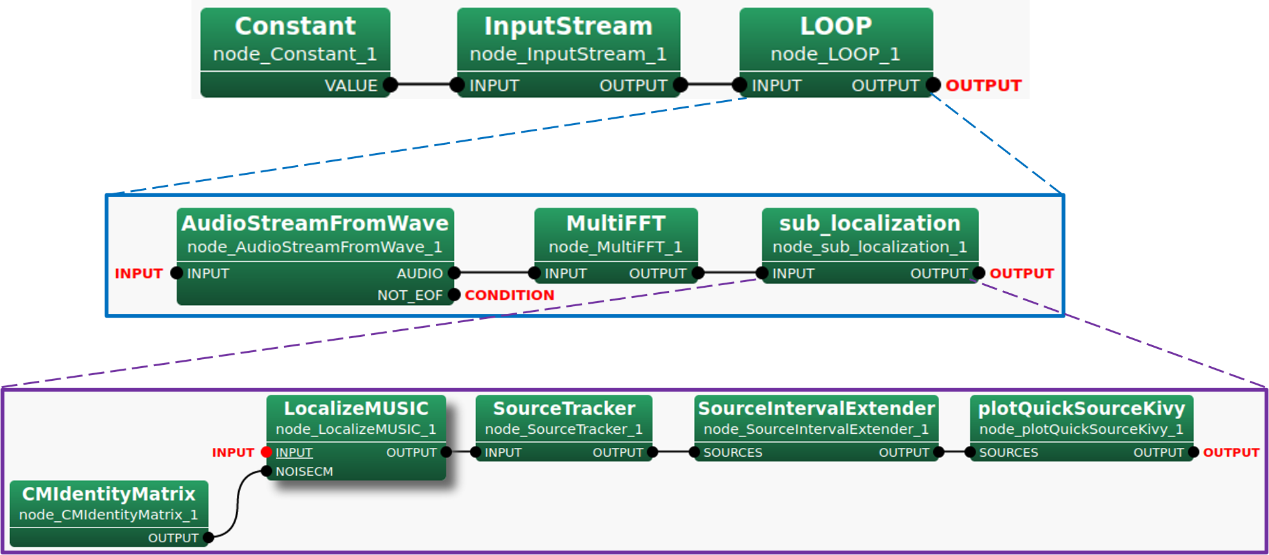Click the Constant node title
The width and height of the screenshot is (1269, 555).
click(x=295, y=26)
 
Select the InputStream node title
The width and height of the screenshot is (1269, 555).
click(x=568, y=26)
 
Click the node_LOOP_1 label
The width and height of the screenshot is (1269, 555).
click(x=835, y=54)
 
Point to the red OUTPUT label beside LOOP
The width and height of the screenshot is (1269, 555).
click(x=984, y=85)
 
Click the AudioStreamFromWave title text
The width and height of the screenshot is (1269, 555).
click(x=315, y=223)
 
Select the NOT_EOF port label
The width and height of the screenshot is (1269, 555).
click(x=409, y=295)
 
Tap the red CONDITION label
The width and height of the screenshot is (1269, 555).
click(x=509, y=295)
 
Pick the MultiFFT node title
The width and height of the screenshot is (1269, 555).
click(x=616, y=223)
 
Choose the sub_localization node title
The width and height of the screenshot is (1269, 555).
click(x=869, y=223)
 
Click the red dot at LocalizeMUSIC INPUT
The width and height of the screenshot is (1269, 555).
click(x=267, y=452)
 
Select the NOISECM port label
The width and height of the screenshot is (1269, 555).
click(x=304, y=471)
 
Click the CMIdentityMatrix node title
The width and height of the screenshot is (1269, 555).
click(x=109, y=494)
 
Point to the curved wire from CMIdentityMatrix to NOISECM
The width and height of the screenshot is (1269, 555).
click(x=237, y=504)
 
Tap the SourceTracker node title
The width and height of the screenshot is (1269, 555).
click(x=564, y=408)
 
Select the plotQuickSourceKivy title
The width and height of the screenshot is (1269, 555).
click(x=1081, y=408)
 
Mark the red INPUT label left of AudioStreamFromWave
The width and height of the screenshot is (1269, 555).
click(x=139, y=274)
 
